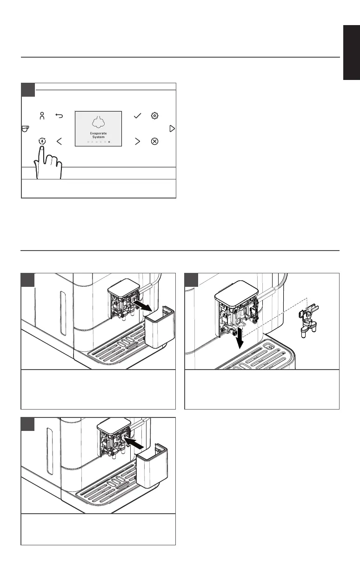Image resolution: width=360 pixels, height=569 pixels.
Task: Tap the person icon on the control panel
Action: [x=42, y=116]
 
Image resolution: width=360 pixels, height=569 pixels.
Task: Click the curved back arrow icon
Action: [x=59, y=116]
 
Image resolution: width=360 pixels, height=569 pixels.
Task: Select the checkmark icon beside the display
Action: [x=137, y=116]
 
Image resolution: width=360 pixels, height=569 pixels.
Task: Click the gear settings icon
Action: [x=155, y=116]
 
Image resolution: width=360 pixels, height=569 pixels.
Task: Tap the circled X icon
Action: [x=155, y=141]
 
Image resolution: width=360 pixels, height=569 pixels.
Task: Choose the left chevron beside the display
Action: [x=59, y=141]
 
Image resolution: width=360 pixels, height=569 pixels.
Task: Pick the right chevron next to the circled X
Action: [x=137, y=141]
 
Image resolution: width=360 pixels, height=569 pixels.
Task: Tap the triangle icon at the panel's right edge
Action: [x=172, y=128]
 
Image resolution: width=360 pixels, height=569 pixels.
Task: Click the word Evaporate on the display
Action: [x=98, y=133]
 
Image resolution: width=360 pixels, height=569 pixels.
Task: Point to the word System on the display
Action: [x=98, y=137]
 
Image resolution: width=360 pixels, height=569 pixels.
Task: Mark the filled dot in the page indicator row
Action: [x=109, y=142]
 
